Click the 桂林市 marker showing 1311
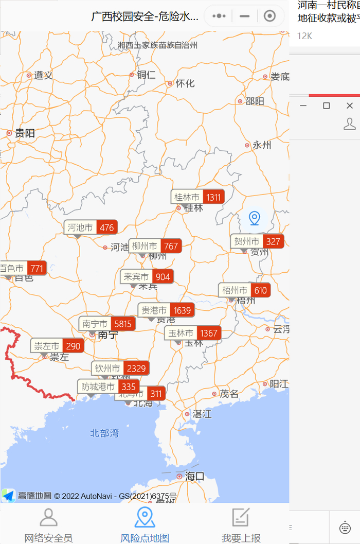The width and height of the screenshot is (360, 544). point(197,197)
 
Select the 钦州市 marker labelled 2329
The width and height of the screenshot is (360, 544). point(121,368)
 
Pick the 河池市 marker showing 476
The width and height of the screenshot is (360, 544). point(91,227)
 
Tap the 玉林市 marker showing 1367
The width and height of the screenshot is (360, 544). point(193,333)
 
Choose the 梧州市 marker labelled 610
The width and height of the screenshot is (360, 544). point(245,290)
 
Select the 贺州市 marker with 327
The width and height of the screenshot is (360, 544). point(257,241)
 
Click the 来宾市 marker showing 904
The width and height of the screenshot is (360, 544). point(147,277)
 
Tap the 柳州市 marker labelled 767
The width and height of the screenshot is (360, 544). point(155,247)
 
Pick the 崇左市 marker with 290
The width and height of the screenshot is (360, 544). point(57,346)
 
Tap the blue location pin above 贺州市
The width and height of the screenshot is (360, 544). point(254,218)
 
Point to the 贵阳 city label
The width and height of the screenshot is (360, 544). point(25,133)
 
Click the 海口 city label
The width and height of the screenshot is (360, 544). point(194,477)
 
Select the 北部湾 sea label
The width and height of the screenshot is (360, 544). point(104,433)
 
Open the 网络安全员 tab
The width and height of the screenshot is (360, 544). point(48,525)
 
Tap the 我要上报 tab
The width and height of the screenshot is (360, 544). point(241,525)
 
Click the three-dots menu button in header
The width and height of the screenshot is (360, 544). point(219,16)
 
